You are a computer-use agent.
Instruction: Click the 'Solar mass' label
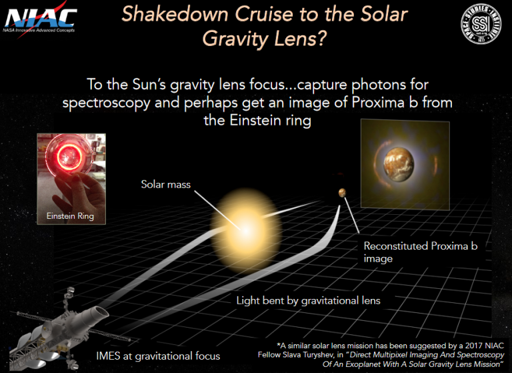point(165,183)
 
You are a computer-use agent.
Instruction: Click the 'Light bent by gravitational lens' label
point(308,300)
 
